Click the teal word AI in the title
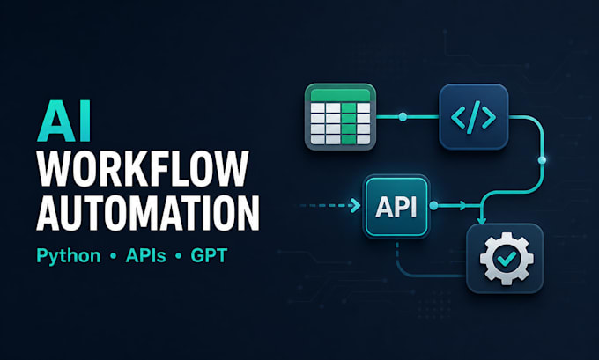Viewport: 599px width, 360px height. pos(63,121)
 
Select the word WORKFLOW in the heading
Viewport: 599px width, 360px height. pos(143,169)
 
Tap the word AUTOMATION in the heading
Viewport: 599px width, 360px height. pos(148,212)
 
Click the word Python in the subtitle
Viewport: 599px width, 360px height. pos(69,256)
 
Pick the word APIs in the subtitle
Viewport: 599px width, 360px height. pos(146,255)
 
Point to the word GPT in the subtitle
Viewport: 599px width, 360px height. pos(209,255)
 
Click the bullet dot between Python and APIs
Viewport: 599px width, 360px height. pos(113,256)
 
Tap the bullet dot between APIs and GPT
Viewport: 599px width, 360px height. pos(179,256)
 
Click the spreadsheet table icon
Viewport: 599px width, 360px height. pos(340,116)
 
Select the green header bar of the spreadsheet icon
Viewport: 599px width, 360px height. pos(340,95)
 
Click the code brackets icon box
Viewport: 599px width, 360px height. pos(473,116)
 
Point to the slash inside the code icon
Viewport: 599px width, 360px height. pos(473,117)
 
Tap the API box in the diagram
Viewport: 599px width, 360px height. pos(396,207)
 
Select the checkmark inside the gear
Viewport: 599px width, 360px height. pos(507,259)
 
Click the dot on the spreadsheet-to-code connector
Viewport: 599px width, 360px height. pos(403,117)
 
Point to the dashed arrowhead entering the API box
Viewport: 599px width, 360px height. pos(356,206)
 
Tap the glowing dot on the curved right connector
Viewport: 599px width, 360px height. pos(542,160)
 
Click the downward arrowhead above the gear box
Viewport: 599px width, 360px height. pos(481,220)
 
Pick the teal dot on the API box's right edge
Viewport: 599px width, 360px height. pos(433,206)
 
